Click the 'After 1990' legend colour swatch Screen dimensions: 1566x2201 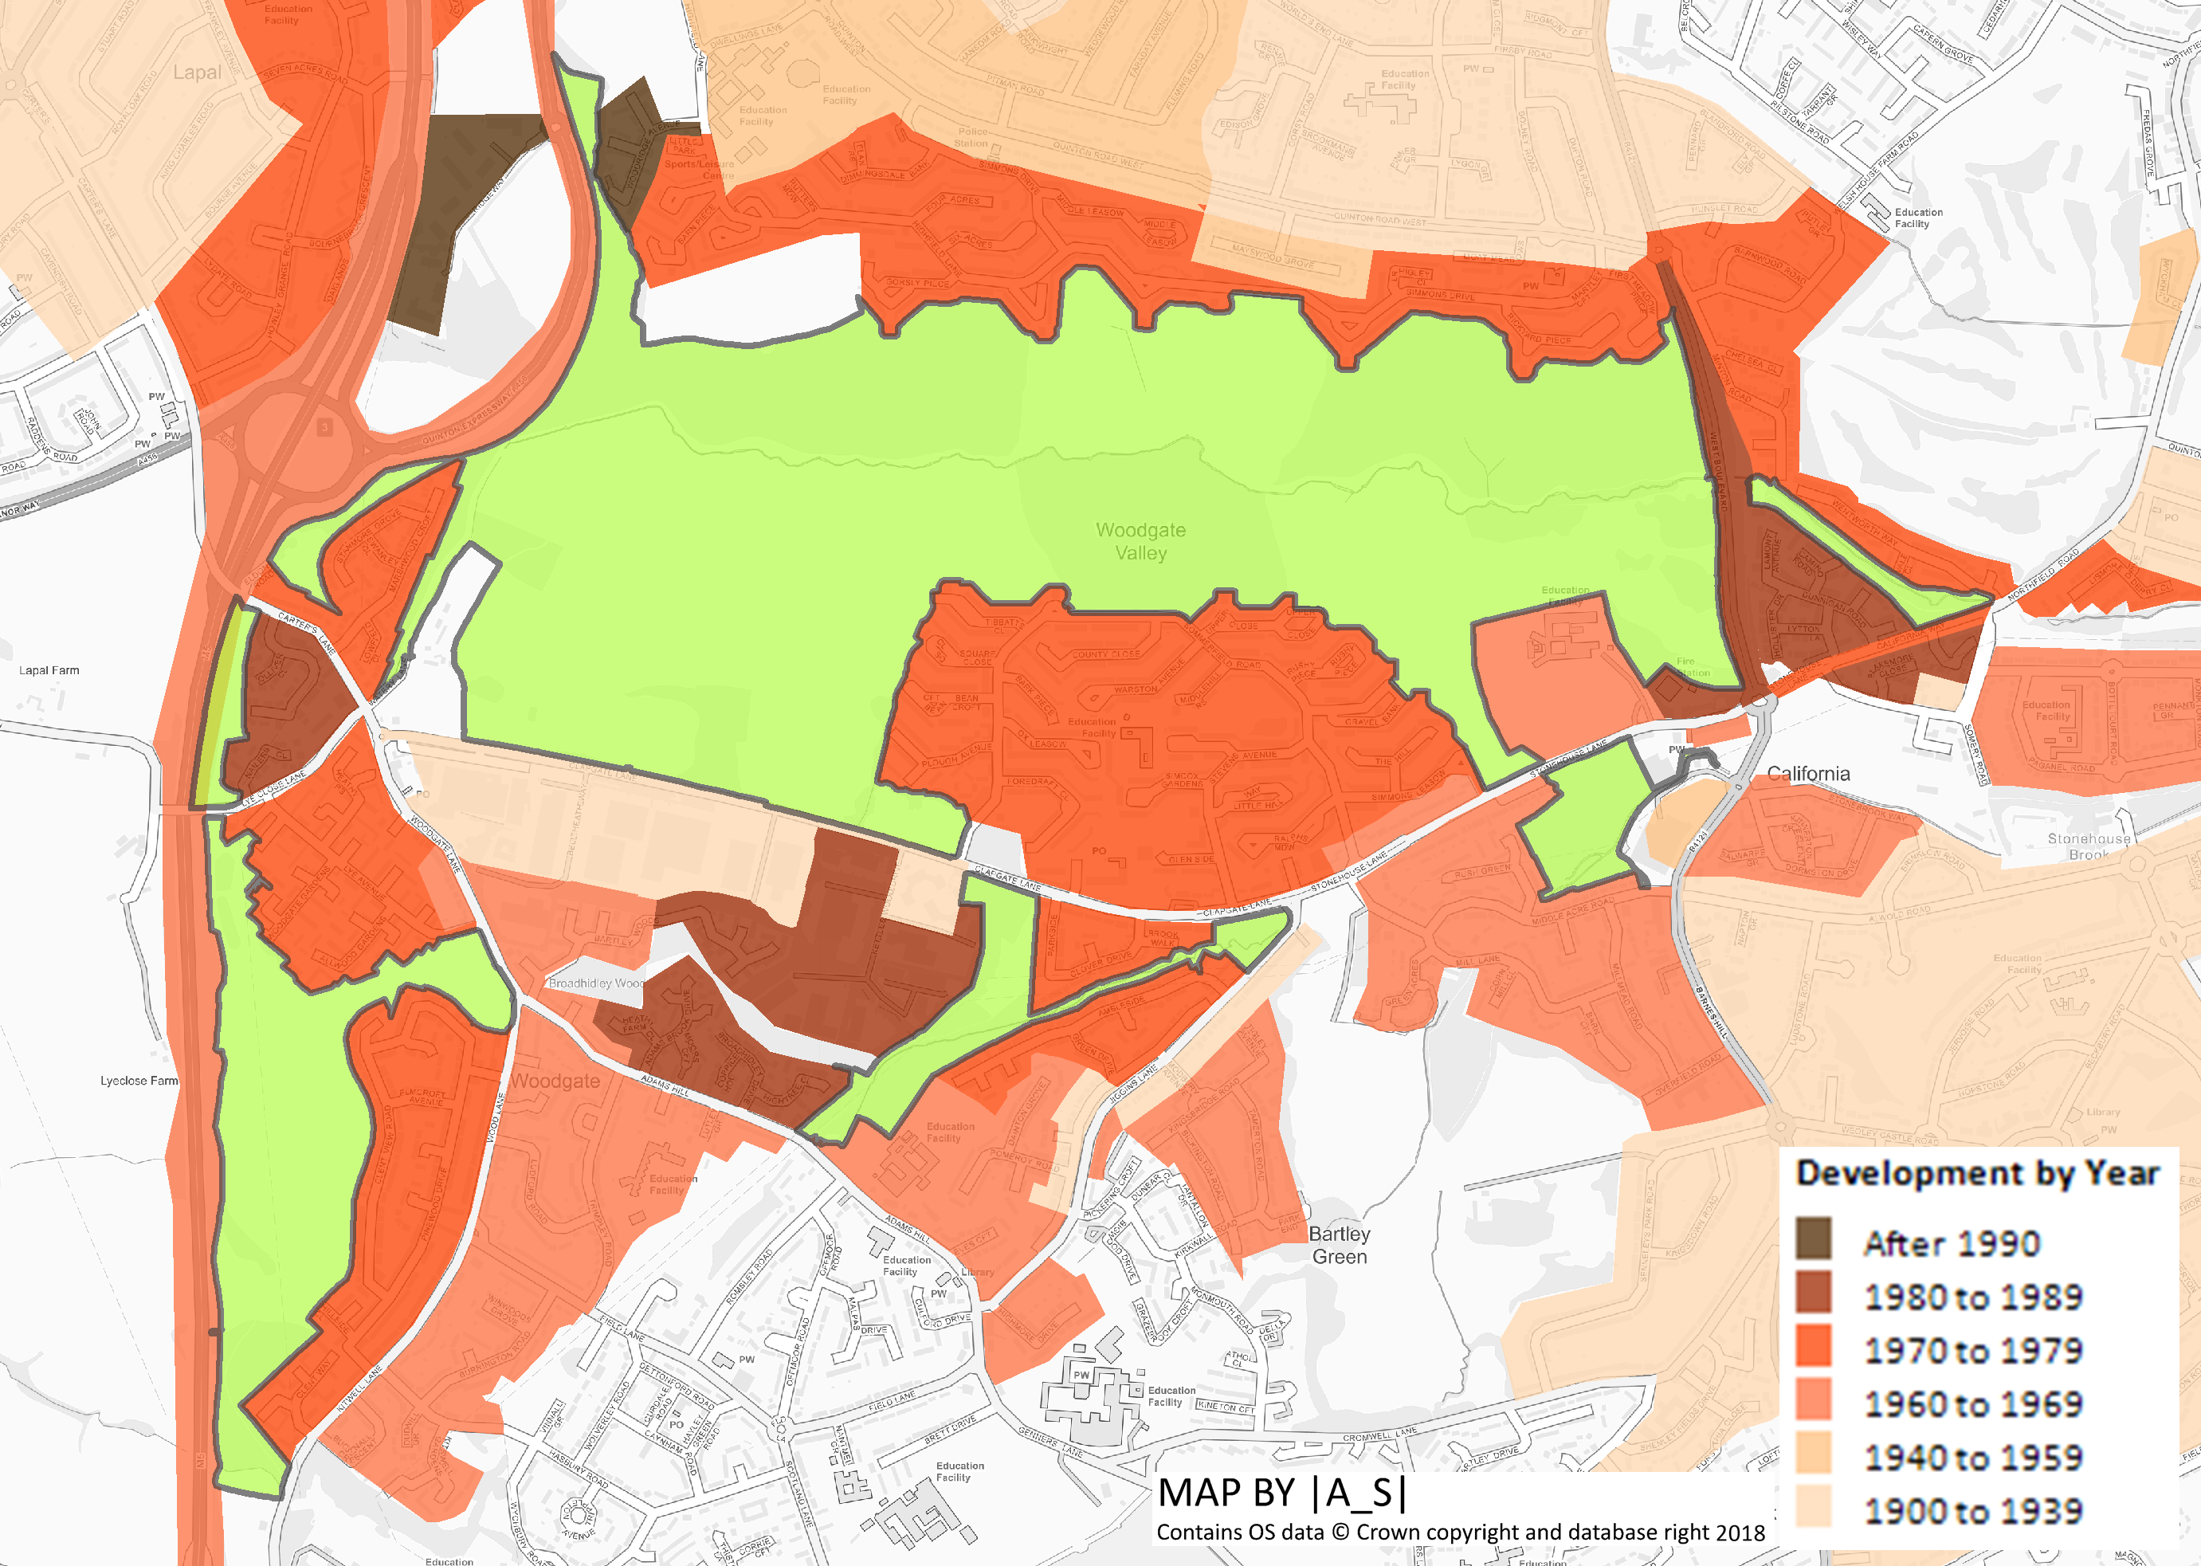(x=1812, y=1238)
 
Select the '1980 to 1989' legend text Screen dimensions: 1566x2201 (x=1972, y=1297)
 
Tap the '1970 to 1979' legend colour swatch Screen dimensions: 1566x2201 (x=1812, y=1346)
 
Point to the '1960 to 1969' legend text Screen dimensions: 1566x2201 (x=1972, y=1404)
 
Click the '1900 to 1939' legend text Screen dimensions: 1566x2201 (x=1972, y=1511)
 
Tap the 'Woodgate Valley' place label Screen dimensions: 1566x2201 (x=1140, y=541)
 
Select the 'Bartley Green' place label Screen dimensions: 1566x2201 (x=1339, y=1245)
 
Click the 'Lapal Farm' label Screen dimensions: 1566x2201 (x=49, y=670)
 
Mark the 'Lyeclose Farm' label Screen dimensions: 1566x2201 (x=139, y=1081)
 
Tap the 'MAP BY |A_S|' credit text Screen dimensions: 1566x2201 (x=1281, y=1493)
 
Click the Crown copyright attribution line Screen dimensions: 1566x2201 (x=1460, y=1533)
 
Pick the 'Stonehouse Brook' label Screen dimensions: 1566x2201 (x=2088, y=846)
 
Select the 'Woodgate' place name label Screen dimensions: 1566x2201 (x=555, y=1081)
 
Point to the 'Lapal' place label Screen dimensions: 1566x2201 (x=197, y=73)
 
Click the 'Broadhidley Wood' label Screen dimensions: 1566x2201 (x=596, y=983)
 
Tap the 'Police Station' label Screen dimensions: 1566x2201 (x=971, y=137)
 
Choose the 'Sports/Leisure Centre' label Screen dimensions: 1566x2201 (x=699, y=169)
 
